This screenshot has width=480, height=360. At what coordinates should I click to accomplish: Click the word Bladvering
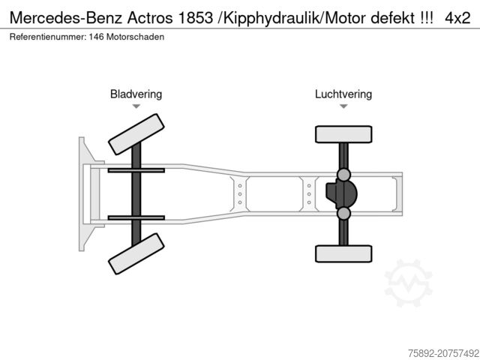pyautogui.click(x=136, y=94)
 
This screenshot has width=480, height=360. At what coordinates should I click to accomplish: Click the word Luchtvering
pyautogui.click(x=343, y=94)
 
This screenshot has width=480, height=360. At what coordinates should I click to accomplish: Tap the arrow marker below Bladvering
pyautogui.click(x=136, y=107)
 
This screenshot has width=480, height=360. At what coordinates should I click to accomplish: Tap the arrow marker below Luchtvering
pyautogui.click(x=343, y=107)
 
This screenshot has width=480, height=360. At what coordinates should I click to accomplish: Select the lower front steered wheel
pyautogui.click(x=136, y=253)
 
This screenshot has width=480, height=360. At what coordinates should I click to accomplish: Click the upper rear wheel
pyautogui.click(x=343, y=135)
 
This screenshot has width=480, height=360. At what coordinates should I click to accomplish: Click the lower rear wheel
pyautogui.click(x=343, y=253)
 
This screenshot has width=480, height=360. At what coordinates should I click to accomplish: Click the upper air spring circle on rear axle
pyautogui.click(x=343, y=175)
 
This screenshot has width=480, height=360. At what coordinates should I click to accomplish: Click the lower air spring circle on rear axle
pyautogui.click(x=343, y=214)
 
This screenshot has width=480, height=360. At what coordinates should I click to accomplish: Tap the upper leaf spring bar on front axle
pyautogui.click(x=136, y=171)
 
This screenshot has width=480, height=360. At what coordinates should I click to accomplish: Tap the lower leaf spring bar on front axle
pyautogui.click(x=136, y=217)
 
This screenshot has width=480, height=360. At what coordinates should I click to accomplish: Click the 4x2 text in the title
pyautogui.click(x=457, y=19)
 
